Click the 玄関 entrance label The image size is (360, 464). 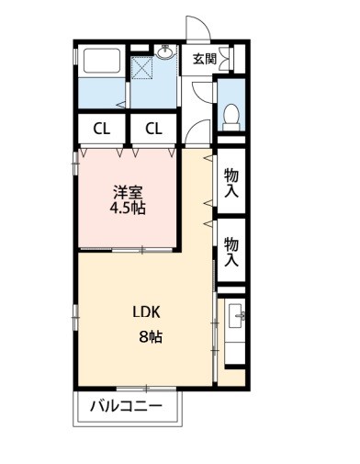point(204,60)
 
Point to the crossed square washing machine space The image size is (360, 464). point(142,69)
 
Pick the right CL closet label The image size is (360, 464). point(153,128)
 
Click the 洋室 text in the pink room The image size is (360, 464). point(128,191)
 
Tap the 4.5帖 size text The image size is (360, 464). point(128,208)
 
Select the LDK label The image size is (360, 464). point(149,311)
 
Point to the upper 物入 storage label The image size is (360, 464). point(231,184)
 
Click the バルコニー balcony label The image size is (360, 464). point(127,406)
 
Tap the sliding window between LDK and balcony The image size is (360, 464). point(145,387)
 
